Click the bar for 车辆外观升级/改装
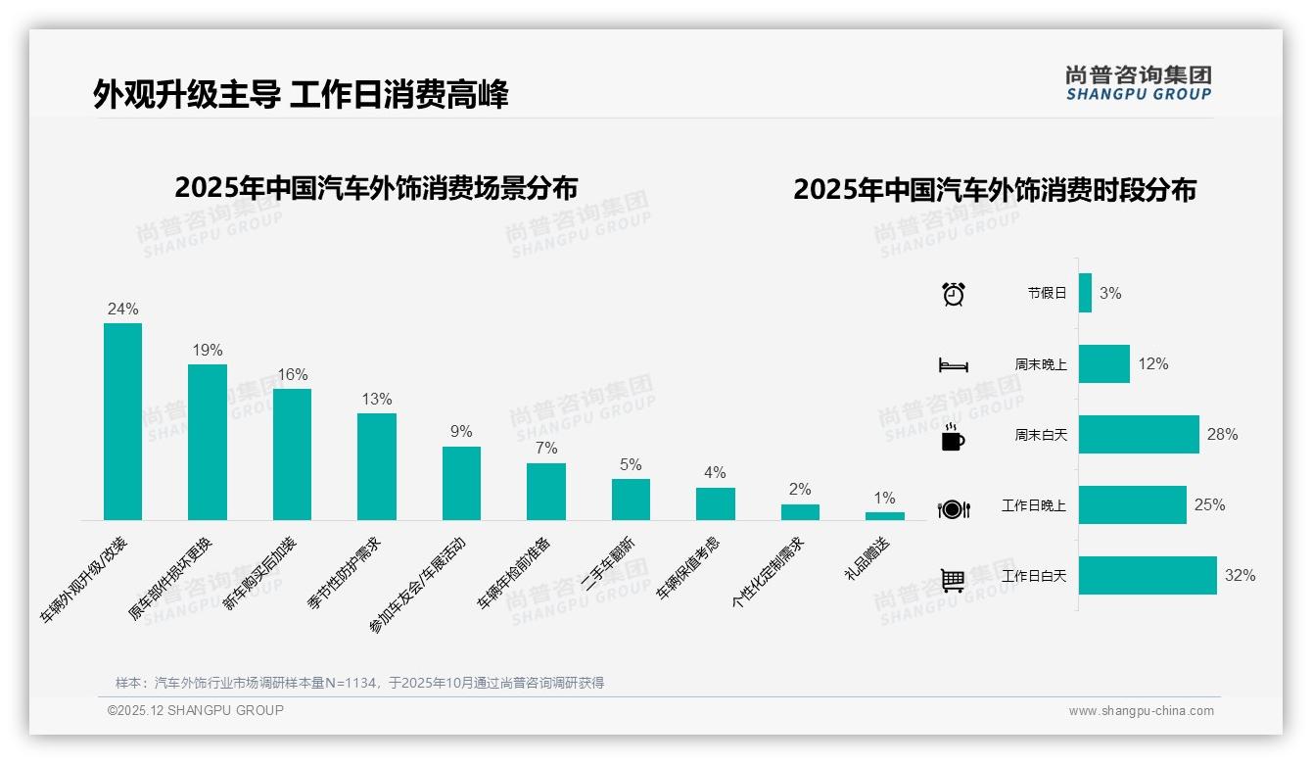coord(122,421)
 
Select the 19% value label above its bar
coord(207,350)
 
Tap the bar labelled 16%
coord(292,454)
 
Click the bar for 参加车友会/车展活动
coord(461,483)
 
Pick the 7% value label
coord(546,448)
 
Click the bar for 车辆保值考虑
coord(715,503)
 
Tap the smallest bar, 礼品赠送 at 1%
coord(884,515)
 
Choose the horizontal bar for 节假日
coord(1085,293)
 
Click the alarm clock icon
coord(953,294)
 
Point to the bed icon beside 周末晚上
coord(953,364)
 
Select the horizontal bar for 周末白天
coord(1139,434)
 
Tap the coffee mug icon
coord(953,437)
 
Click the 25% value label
coord(1209,505)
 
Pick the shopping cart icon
coord(953,580)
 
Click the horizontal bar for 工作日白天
coord(1148,576)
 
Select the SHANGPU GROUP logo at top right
coord(1138,83)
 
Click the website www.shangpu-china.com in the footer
coord(1141,711)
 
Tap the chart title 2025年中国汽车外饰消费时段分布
coord(994,190)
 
